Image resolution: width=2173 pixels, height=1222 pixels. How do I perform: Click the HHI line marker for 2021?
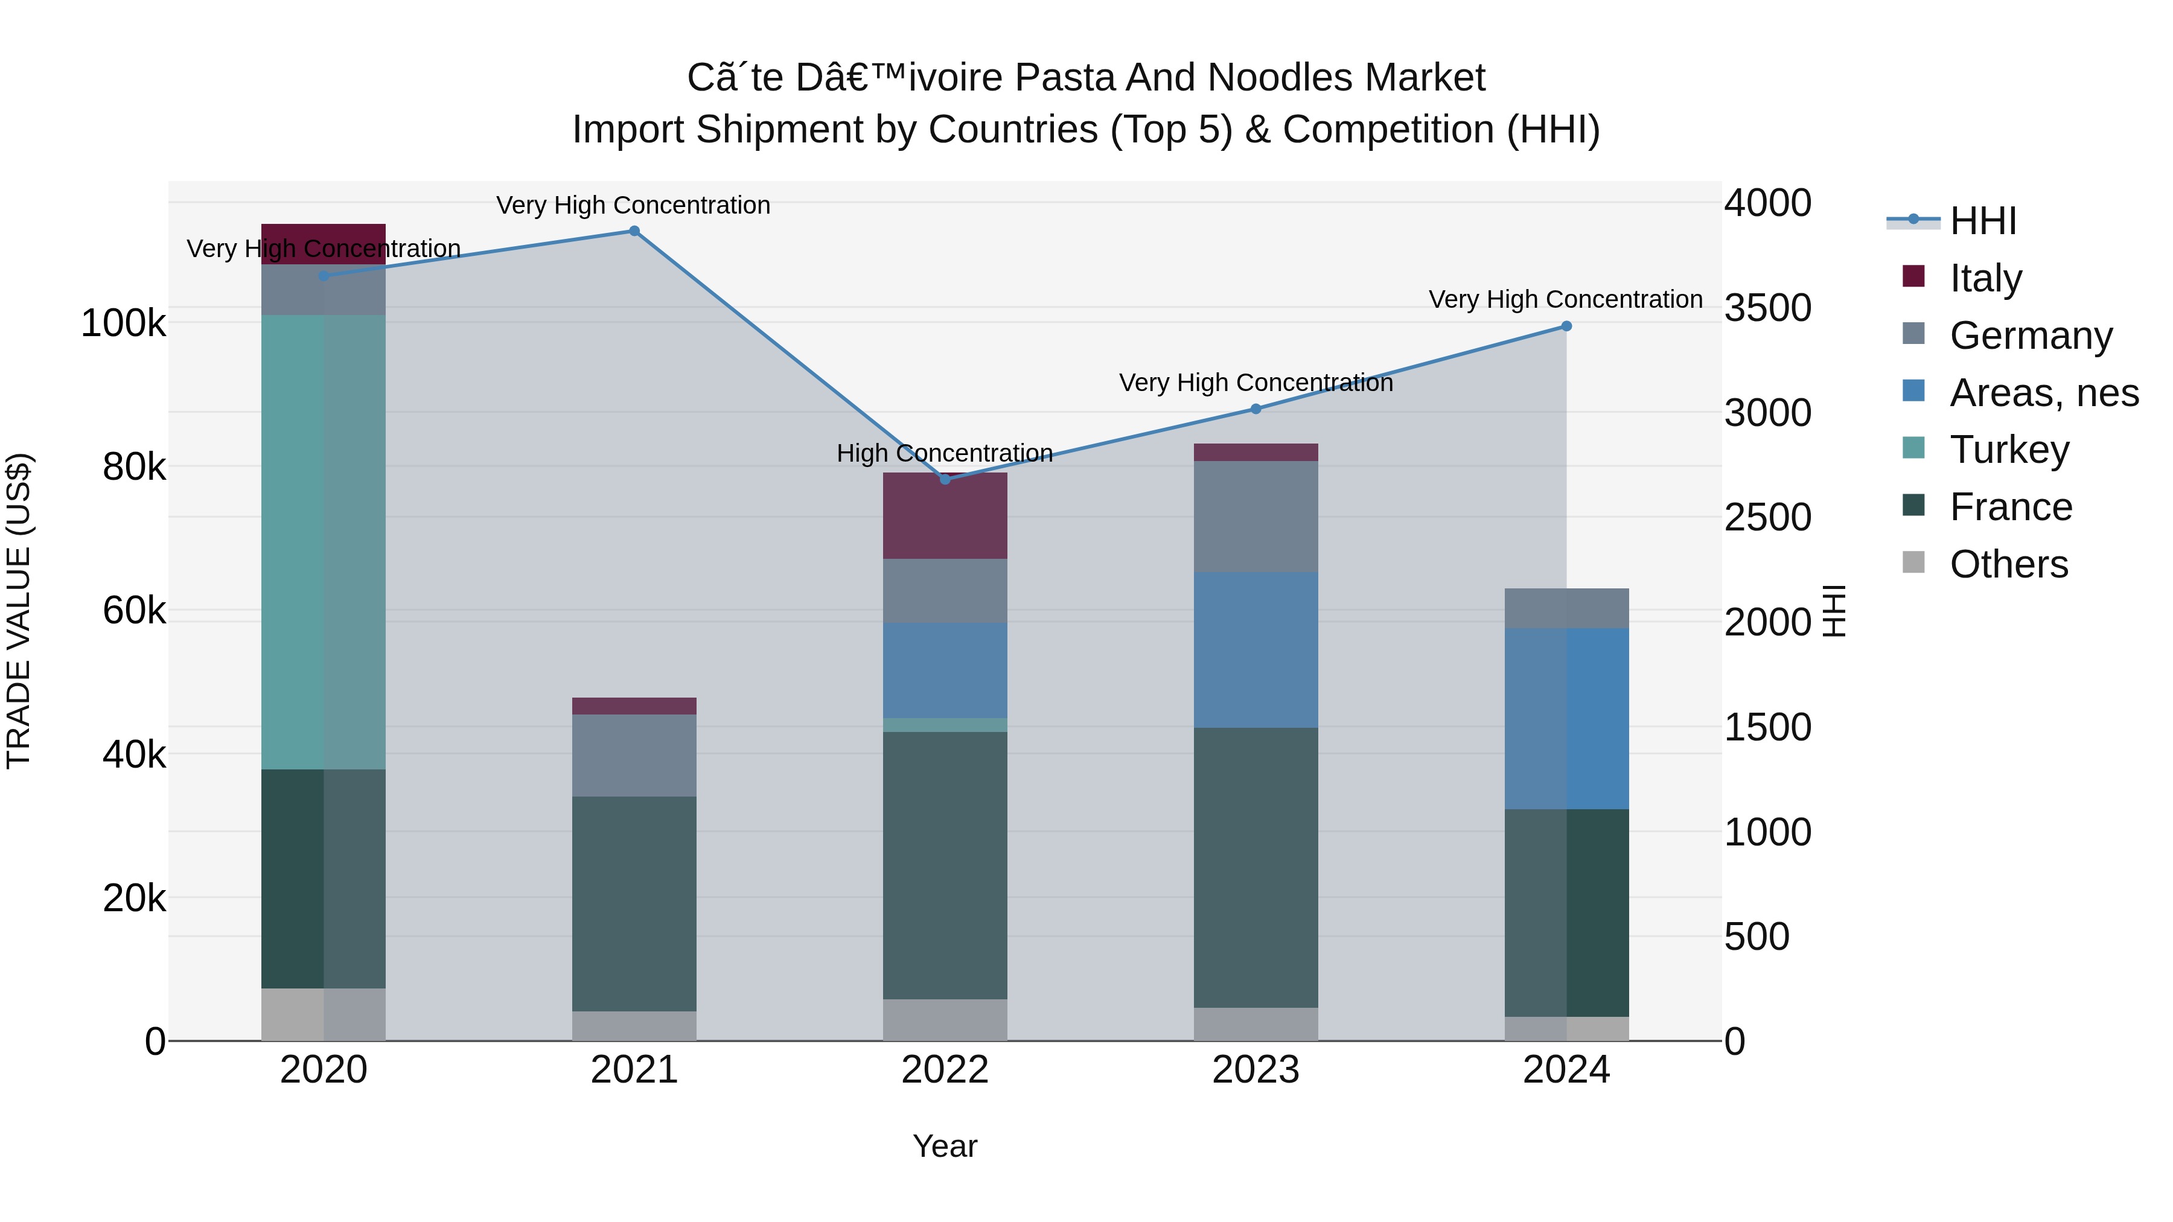tap(634, 231)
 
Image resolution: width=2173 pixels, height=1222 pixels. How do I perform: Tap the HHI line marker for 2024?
tap(1566, 326)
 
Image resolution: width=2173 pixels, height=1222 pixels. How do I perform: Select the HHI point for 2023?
tap(1256, 409)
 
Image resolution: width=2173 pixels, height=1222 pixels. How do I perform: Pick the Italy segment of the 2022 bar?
tap(945, 516)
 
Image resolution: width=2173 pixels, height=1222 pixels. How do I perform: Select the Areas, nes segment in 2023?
tap(1256, 649)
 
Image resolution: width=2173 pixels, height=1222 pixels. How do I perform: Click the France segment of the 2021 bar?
tap(634, 903)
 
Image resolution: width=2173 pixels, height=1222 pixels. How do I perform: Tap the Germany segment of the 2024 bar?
tap(1566, 608)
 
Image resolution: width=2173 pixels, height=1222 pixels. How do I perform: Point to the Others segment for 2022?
tap(945, 1020)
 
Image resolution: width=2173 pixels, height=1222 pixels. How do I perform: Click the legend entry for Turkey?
tap(2009, 450)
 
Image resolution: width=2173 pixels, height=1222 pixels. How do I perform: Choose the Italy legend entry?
tap(1986, 278)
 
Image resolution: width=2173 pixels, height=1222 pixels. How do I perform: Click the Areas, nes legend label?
tap(2044, 393)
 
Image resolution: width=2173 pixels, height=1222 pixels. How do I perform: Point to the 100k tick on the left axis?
tap(123, 323)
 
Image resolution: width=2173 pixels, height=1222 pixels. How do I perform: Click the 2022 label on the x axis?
tap(945, 1070)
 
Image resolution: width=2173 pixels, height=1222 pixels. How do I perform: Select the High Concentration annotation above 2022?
tap(945, 454)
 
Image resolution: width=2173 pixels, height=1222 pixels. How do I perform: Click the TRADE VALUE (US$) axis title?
tap(19, 611)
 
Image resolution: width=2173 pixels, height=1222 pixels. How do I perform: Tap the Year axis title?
tap(945, 1146)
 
